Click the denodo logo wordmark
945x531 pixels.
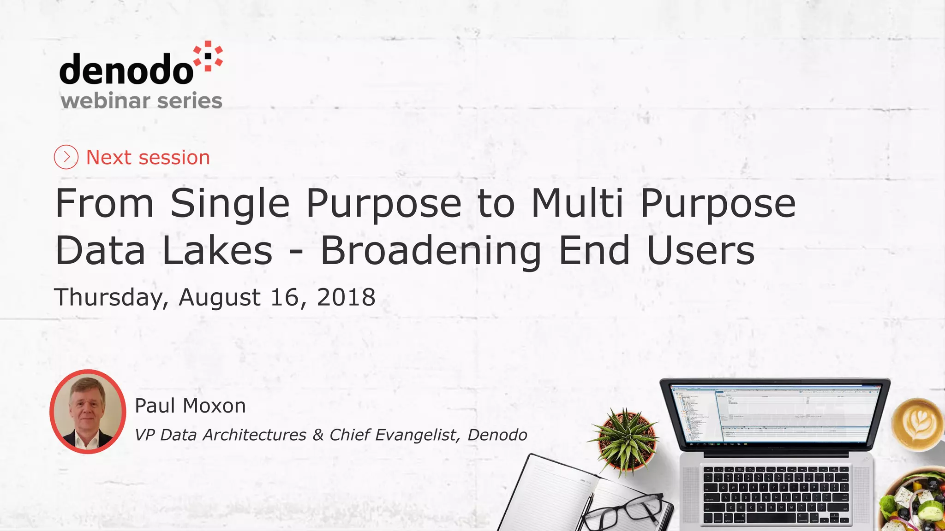[126, 69]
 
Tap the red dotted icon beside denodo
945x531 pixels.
[208, 56]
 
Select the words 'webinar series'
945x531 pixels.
[141, 100]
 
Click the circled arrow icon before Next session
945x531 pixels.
[66, 157]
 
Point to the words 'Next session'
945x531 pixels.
[148, 158]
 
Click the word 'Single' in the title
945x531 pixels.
[230, 204]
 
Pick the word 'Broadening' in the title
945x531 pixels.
[431, 252]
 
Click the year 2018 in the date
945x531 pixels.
[346, 297]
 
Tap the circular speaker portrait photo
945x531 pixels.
[88, 411]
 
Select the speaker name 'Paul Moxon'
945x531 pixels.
[190, 406]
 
